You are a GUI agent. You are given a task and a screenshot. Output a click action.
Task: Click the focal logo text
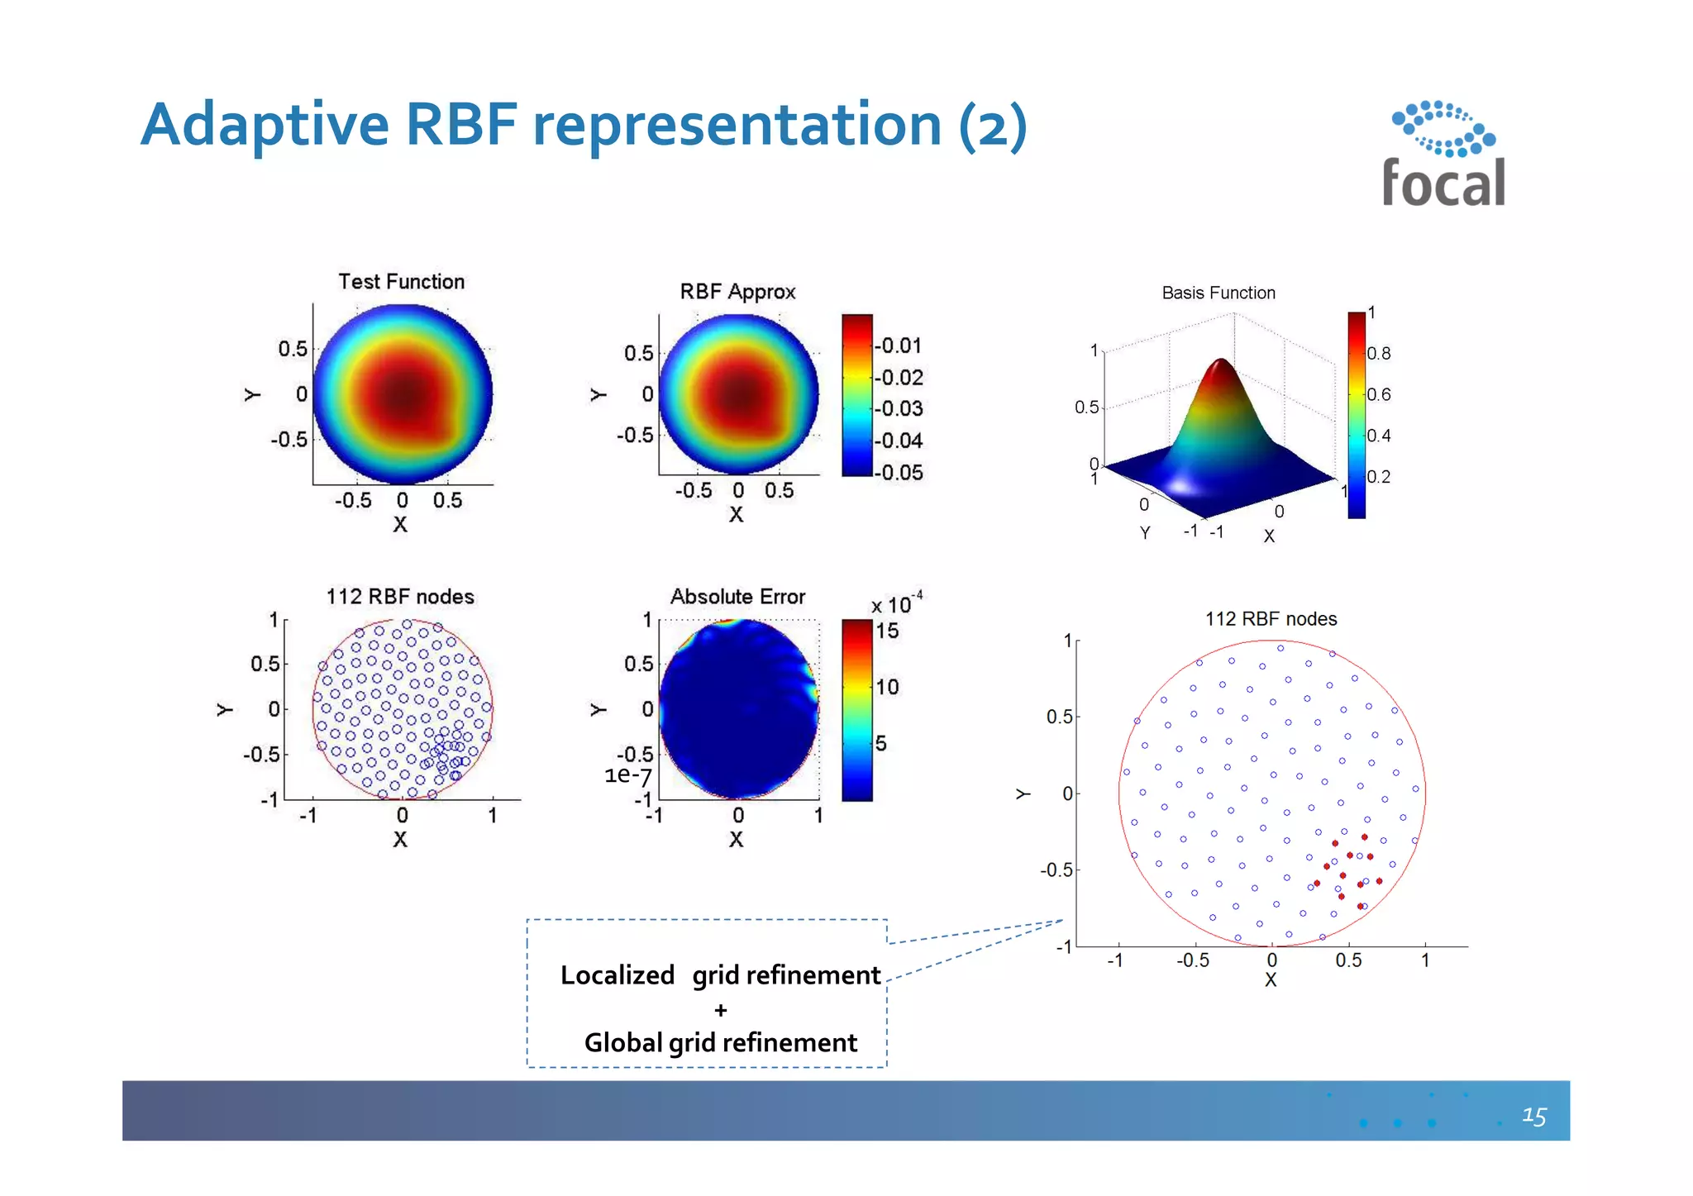(1443, 183)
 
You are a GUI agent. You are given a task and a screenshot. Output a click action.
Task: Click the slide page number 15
(1533, 1116)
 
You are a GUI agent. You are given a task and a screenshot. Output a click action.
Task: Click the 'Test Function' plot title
(402, 282)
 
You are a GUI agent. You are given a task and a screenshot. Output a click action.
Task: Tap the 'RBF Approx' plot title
(737, 292)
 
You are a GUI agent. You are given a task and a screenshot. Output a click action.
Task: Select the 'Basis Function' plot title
(1218, 293)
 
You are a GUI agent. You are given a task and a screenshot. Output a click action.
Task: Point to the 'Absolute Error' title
(737, 597)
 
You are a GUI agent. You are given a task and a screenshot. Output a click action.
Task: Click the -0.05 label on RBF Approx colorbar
(900, 473)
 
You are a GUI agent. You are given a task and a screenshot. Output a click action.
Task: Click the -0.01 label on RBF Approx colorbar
(900, 345)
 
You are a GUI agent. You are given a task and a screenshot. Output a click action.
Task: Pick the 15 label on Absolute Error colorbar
(887, 631)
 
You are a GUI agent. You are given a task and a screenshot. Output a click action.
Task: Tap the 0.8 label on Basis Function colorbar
(1378, 354)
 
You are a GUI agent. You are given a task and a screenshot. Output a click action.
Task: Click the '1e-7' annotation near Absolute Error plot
(628, 775)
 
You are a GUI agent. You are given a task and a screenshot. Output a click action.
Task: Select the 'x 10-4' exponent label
(897, 603)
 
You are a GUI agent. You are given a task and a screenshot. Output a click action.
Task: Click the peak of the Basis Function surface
(1221, 362)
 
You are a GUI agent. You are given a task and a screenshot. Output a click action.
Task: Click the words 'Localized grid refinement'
(720, 975)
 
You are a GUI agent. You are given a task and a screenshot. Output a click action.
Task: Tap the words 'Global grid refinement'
(720, 1043)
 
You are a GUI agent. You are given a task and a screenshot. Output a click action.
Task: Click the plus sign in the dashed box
(721, 1010)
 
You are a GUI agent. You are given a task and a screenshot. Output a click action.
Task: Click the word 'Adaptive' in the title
(265, 126)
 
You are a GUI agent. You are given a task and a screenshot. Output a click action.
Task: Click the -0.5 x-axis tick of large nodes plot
(1192, 960)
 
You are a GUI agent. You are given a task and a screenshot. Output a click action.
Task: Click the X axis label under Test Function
(400, 525)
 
